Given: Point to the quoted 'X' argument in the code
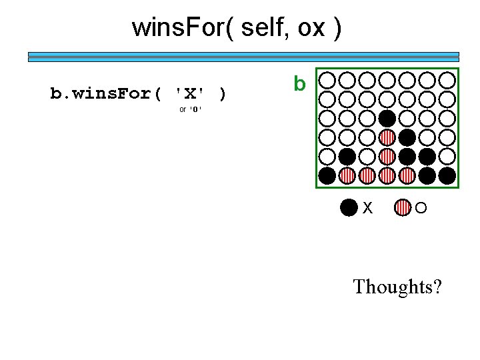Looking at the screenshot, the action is tap(189, 93).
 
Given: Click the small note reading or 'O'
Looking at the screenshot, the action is tap(190, 109).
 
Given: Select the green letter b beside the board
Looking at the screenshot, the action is tap(299, 85).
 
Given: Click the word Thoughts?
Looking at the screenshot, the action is tap(397, 287).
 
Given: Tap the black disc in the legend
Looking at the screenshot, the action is tap(349, 208).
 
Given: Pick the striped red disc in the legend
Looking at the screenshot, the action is tap(403, 208).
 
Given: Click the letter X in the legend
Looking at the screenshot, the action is tap(367, 209).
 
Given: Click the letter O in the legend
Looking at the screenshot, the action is tap(421, 209).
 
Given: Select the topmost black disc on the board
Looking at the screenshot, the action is tap(387, 119).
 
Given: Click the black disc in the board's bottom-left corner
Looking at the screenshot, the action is tap(327, 176).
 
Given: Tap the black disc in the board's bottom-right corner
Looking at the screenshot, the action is tap(447, 176).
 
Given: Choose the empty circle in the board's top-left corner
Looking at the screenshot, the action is tap(327, 81).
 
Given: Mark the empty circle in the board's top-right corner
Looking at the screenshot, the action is tap(447, 81).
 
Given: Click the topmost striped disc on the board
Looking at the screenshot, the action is tap(387, 138).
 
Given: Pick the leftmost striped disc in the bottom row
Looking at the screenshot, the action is tap(347, 176).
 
